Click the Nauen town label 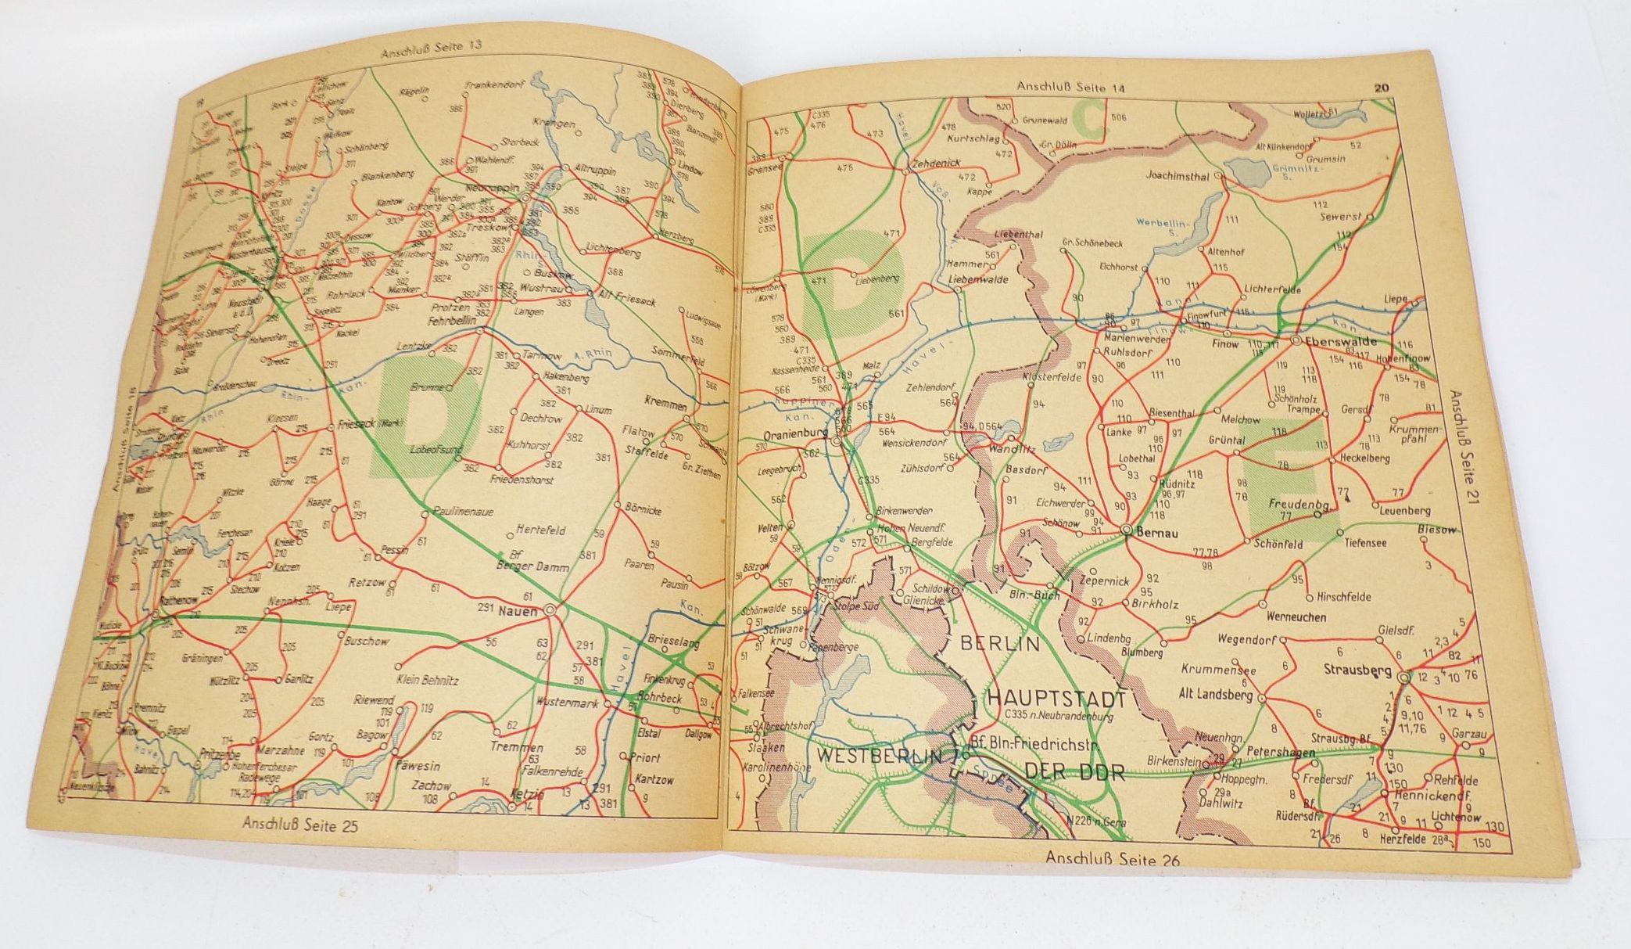point(518,612)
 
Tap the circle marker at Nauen point(550,610)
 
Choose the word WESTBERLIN point(878,757)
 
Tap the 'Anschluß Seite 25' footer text point(299,823)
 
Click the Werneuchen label point(1296,616)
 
